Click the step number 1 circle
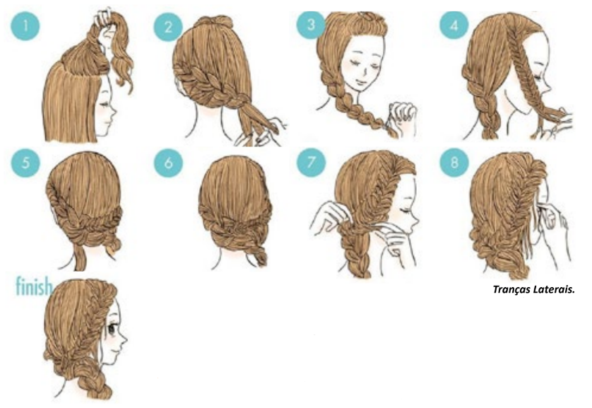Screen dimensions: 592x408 (x=25, y=25)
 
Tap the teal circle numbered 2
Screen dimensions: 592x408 (x=168, y=27)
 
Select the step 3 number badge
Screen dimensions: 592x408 (x=311, y=25)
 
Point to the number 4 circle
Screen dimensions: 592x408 (x=454, y=25)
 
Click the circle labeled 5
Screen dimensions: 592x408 (x=25, y=163)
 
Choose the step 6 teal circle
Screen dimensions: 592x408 (x=168, y=163)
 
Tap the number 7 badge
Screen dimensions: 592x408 (x=311, y=163)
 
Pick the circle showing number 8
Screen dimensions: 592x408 (x=454, y=163)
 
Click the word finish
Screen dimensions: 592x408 (x=34, y=286)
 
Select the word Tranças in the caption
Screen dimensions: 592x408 (x=511, y=290)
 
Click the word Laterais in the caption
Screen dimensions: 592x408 (x=554, y=289)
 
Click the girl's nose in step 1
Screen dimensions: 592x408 (x=114, y=112)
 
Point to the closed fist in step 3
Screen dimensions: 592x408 (x=403, y=112)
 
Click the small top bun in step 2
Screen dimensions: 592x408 (x=212, y=23)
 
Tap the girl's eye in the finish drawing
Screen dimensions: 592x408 (x=112, y=328)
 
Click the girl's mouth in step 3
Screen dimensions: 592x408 (x=360, y=81)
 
